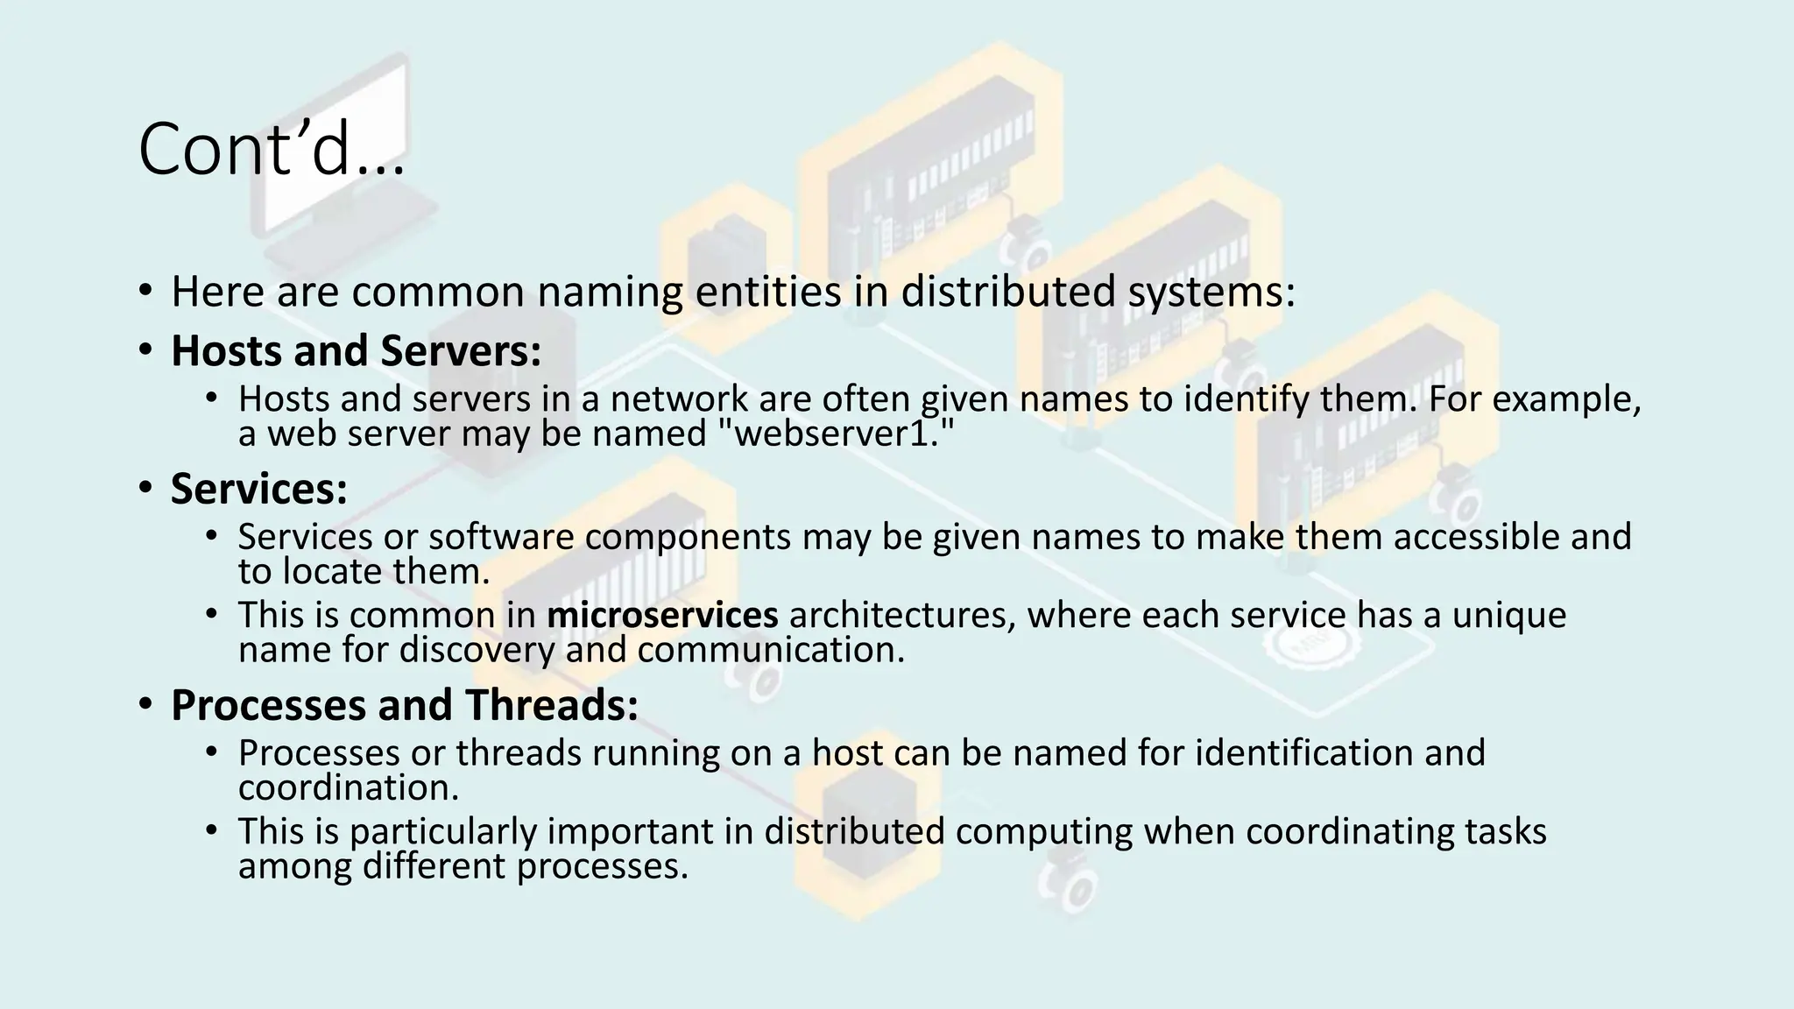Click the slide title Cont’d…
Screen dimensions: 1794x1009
point(272,150)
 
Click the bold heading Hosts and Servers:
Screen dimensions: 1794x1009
point(356,350)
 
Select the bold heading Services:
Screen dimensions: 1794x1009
point(258,488)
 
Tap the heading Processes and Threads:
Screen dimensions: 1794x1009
point(404,704)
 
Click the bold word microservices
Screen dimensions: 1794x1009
point(662,614)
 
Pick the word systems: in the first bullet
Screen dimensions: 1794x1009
point(1211,292)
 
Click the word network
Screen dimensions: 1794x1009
point(679,399)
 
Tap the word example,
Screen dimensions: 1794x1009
point(1566,399)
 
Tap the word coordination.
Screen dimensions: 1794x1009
point(348,787)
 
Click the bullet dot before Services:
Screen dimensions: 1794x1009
point(145,488)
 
